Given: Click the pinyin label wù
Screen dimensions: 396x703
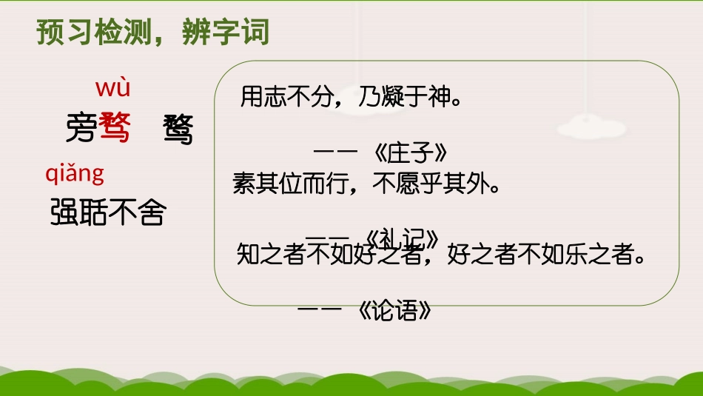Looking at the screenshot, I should click(112, 89).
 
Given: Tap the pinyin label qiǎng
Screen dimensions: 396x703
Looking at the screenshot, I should click(75, 174).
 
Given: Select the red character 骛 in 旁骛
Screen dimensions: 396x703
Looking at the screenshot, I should click(114, 129).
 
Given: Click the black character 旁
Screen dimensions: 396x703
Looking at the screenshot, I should click(81, 129).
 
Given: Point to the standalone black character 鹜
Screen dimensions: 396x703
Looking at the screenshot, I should click(178, 131).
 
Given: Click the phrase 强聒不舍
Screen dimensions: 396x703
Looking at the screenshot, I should click(108, 214).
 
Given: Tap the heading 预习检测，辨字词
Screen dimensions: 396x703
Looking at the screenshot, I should click(153, 33).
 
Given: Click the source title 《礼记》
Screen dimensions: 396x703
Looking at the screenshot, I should click(403, 238).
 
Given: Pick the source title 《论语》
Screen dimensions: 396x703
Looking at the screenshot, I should click(394, 310).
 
